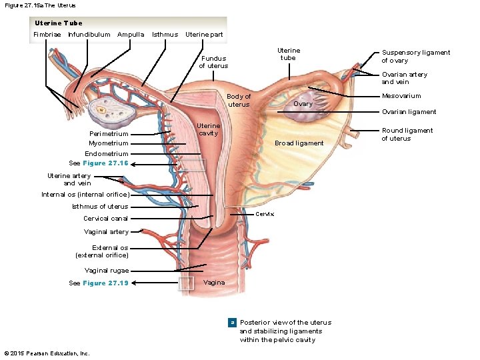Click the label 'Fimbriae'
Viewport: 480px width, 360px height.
[x=47, y=34]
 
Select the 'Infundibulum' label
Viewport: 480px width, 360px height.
[x=89, y=34]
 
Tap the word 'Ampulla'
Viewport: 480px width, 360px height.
[x=131, y=34]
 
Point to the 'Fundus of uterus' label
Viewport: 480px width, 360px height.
[x=213, y=62]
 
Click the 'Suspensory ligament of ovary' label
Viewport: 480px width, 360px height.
[x=415, y=57]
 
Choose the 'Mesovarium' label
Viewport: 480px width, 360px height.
[x=401, y=96]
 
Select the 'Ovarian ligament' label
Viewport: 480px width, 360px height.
[x=409, y=112]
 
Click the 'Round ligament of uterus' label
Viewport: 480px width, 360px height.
[x=407, y=135]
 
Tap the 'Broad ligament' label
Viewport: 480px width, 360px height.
[x=299, y=143]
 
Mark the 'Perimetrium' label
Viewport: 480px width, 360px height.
[x=109, y=134]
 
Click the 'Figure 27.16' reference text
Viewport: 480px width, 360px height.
[x=105, y=163]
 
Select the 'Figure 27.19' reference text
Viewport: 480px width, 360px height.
[x=105, y=283]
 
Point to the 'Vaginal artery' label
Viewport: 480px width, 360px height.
[x=106, y=232]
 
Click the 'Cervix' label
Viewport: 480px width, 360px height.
[x=265, y=214]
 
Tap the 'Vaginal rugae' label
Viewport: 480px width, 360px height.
[x=107, y=271]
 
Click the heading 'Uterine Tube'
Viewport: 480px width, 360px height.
[x=59, y=23]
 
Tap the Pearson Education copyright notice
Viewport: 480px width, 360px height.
[x=47, y=353]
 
